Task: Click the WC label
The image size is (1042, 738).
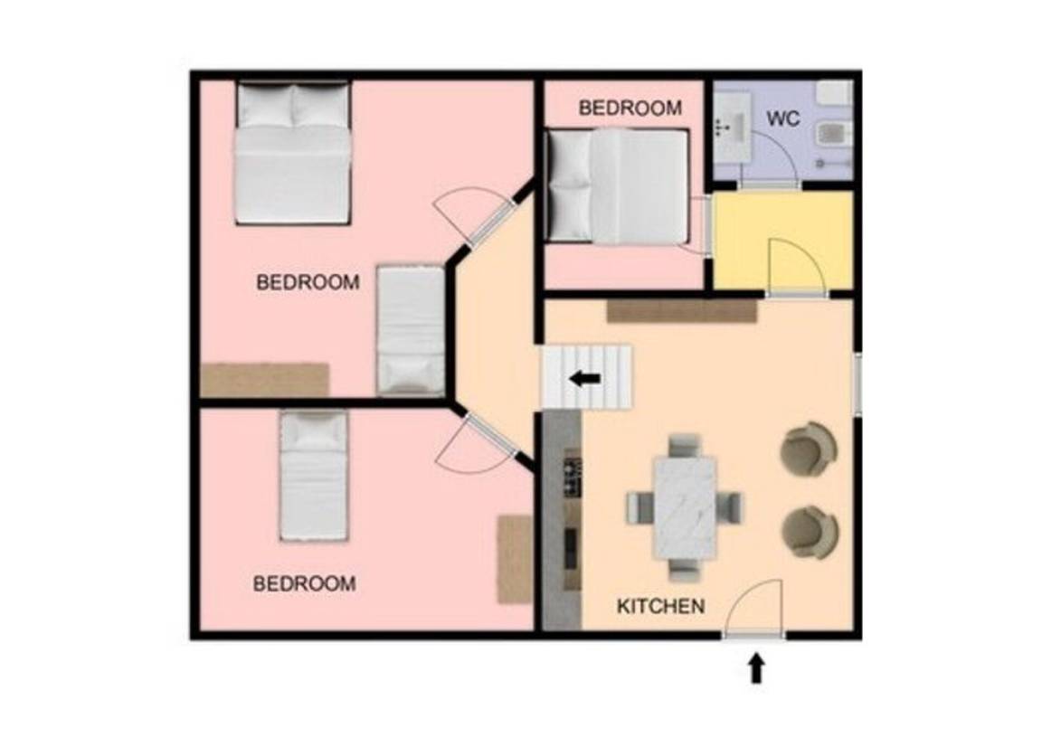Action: point(782,119)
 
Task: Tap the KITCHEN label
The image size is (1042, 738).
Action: point(660,606)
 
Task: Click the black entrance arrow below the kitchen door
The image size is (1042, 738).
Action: point(756,668)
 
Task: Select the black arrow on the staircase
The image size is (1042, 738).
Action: point(585,379)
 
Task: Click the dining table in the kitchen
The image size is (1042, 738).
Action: point(685,508)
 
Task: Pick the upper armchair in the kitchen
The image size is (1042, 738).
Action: point(808,449)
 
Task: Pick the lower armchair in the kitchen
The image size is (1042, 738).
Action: point(810,532)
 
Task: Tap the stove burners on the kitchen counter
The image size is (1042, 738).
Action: point(573,476)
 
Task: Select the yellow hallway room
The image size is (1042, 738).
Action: point(782,241)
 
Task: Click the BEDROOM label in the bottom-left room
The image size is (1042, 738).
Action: point(304,584)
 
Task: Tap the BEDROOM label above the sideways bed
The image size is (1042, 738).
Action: point(630,108)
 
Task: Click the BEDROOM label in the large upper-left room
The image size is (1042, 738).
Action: point(308,282)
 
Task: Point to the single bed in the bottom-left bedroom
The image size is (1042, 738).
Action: point(313,475)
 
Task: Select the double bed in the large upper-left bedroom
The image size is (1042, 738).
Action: point(292,152)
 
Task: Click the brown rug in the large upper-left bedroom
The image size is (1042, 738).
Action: point(265,380)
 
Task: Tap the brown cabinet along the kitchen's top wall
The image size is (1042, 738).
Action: point(682,311)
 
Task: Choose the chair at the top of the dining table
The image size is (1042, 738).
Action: point(685,445)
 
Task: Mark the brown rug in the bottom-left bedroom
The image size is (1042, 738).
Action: point(515,559)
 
